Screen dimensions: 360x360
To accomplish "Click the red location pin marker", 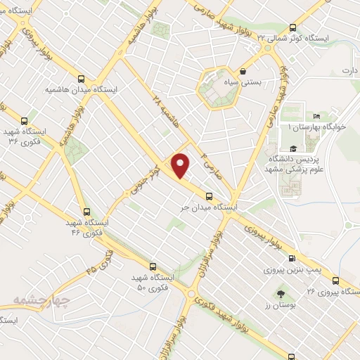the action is [x=181, y=165].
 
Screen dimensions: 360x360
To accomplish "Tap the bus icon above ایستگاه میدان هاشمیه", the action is [x=81, y=79].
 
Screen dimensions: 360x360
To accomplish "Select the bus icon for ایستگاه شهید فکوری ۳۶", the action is [x=25, y=121].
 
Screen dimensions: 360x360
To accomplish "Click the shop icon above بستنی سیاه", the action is [x=243, y=71].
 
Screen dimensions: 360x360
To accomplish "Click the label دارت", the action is [x=350, y=71].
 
